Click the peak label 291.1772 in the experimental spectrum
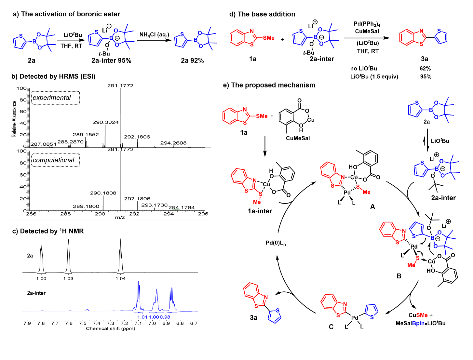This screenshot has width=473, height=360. coord(120,86)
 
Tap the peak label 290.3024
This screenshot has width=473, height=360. coord(105,122)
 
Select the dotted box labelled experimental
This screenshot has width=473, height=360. coord(56,98)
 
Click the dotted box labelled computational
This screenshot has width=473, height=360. coord(56,160)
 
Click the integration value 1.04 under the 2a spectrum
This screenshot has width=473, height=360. coord(121,279)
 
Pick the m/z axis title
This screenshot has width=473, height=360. coord(120,217)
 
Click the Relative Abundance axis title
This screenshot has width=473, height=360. coord(14,119)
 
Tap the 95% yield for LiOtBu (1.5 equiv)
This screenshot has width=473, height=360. coord(426,77)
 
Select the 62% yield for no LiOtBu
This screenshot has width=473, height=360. coord(425,69)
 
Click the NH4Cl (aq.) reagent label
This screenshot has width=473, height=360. coord(154,35)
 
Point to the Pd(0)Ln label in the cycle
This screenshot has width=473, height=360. coord(276,243)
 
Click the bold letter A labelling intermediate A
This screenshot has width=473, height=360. coord(372,207)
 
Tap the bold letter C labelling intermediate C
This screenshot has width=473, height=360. coord(331,327)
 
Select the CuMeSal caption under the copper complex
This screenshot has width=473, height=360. coord(298,138)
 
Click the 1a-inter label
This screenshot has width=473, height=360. coord(260,211)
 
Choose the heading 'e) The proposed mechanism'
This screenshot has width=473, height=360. coord(269,85)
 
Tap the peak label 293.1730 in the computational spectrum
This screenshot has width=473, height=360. coord(154,205)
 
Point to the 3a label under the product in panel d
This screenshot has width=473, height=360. coord(425,59)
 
